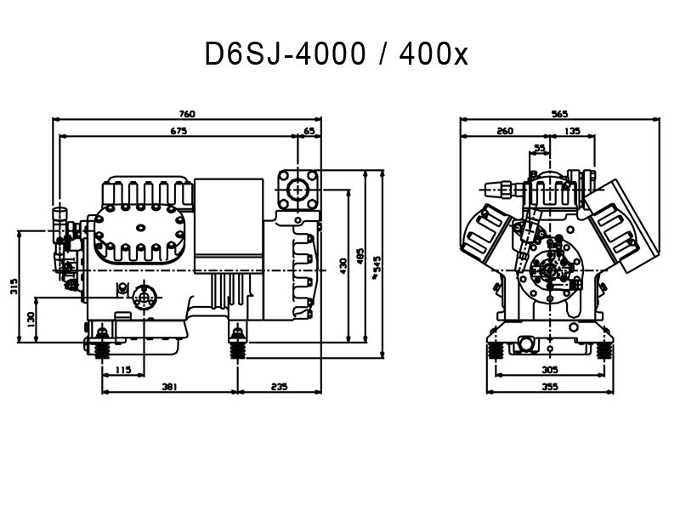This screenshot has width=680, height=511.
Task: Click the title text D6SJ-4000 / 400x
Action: (336, 54)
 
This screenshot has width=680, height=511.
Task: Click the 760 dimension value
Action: (187, 114)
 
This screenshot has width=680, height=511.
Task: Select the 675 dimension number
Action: (178, 132)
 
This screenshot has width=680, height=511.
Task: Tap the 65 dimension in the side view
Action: (309, 132)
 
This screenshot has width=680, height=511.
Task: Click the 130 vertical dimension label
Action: (31, 318)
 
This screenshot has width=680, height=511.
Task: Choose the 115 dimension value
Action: (122, 369)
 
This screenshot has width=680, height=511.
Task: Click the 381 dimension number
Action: (168, 387)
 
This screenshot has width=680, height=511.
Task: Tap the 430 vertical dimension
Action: (344, 265)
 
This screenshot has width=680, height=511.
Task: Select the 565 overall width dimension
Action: (558, 114)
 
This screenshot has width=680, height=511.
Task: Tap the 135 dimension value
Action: (572, 132)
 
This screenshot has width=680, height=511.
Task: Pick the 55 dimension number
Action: (540, 148)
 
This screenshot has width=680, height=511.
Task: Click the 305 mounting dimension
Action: (549, 370)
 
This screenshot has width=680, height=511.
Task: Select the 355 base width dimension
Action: (549, 387)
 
